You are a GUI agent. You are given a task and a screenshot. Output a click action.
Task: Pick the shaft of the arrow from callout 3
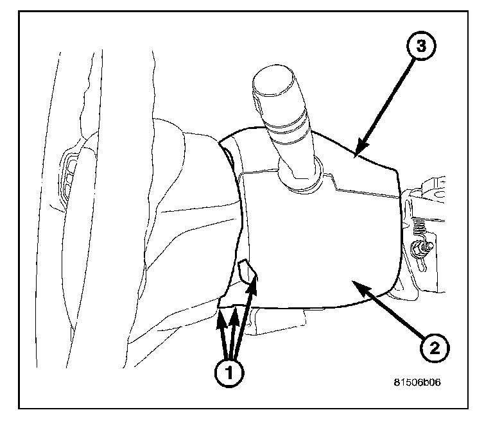point(385,103)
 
